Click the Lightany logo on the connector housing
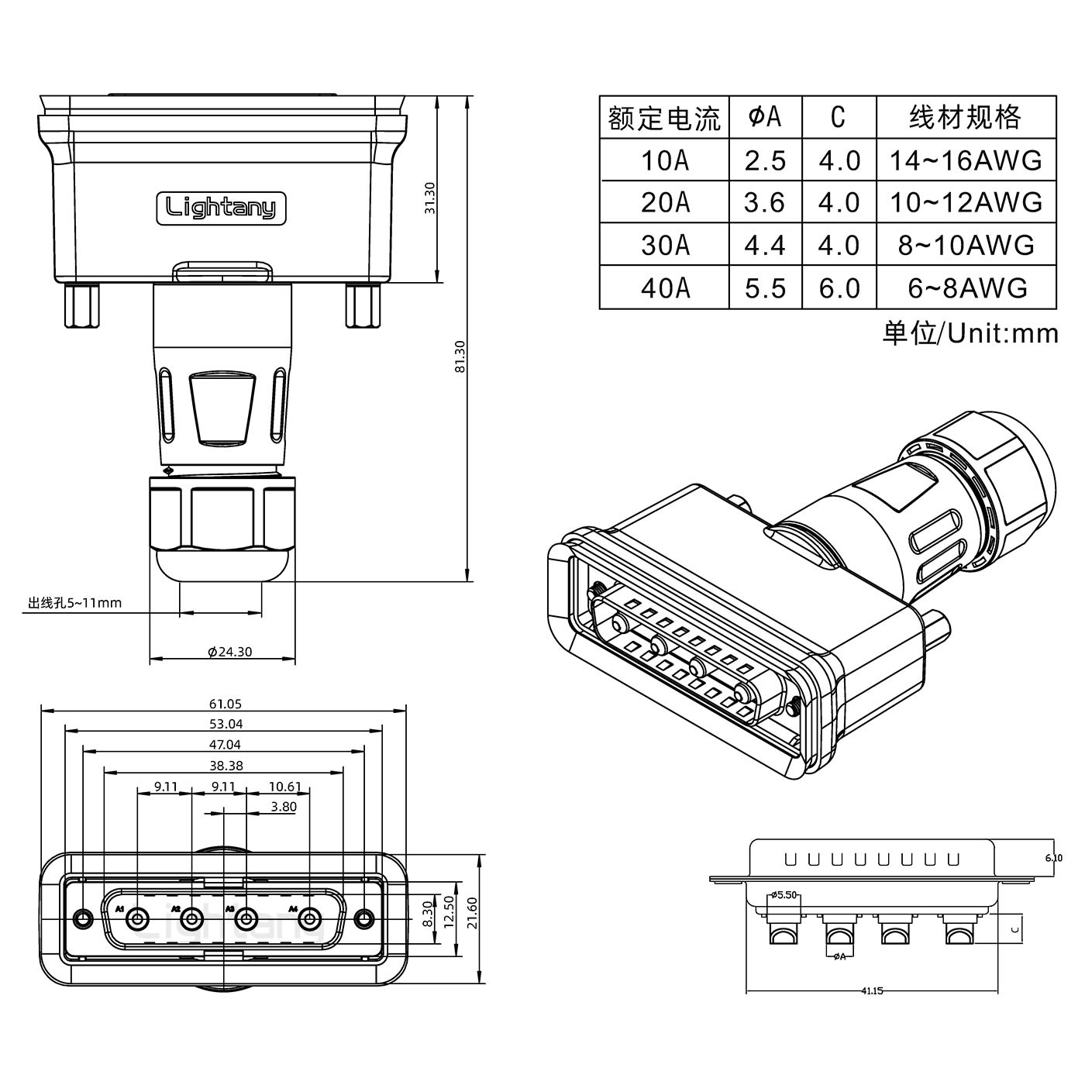[222, 208]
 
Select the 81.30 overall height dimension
[460, 356]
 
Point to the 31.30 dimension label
[430, 198]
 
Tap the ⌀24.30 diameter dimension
[229, 652]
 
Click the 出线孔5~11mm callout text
[74, 603]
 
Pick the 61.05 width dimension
[225, 704]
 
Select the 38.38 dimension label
[226, 766]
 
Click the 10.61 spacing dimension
[285, 787]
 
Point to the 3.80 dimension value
[284, 807]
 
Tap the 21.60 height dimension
[473, 912]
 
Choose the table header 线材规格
[965, 117]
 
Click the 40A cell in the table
[665, 288]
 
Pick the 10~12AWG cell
[965, 203]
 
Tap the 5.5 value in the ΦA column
[765, 288]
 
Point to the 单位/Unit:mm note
[970, 333]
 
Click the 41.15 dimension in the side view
[872, 990]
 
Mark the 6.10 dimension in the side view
[1053, 858]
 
